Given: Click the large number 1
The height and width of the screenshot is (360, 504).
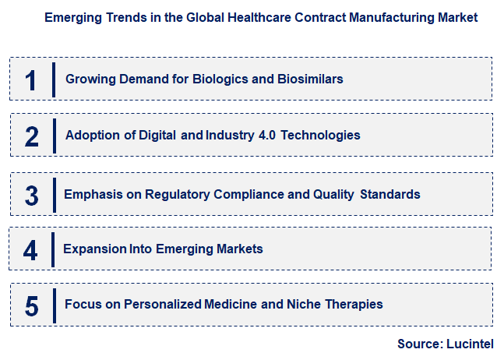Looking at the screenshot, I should coord(31,79).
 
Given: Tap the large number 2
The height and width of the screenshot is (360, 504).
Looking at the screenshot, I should coord(31,136).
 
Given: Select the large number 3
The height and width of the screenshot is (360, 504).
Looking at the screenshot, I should coord(31,195).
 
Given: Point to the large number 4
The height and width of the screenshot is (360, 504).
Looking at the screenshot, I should coord(31,249).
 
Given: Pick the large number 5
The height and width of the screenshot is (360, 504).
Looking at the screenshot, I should coord(31,305).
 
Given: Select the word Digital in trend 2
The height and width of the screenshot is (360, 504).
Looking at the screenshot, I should coord(157,136).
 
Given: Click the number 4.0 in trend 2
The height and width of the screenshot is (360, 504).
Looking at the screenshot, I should coord(266,136).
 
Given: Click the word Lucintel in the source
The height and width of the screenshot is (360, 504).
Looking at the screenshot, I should coord(470,344).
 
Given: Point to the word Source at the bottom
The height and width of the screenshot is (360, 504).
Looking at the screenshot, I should coord(420,344).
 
